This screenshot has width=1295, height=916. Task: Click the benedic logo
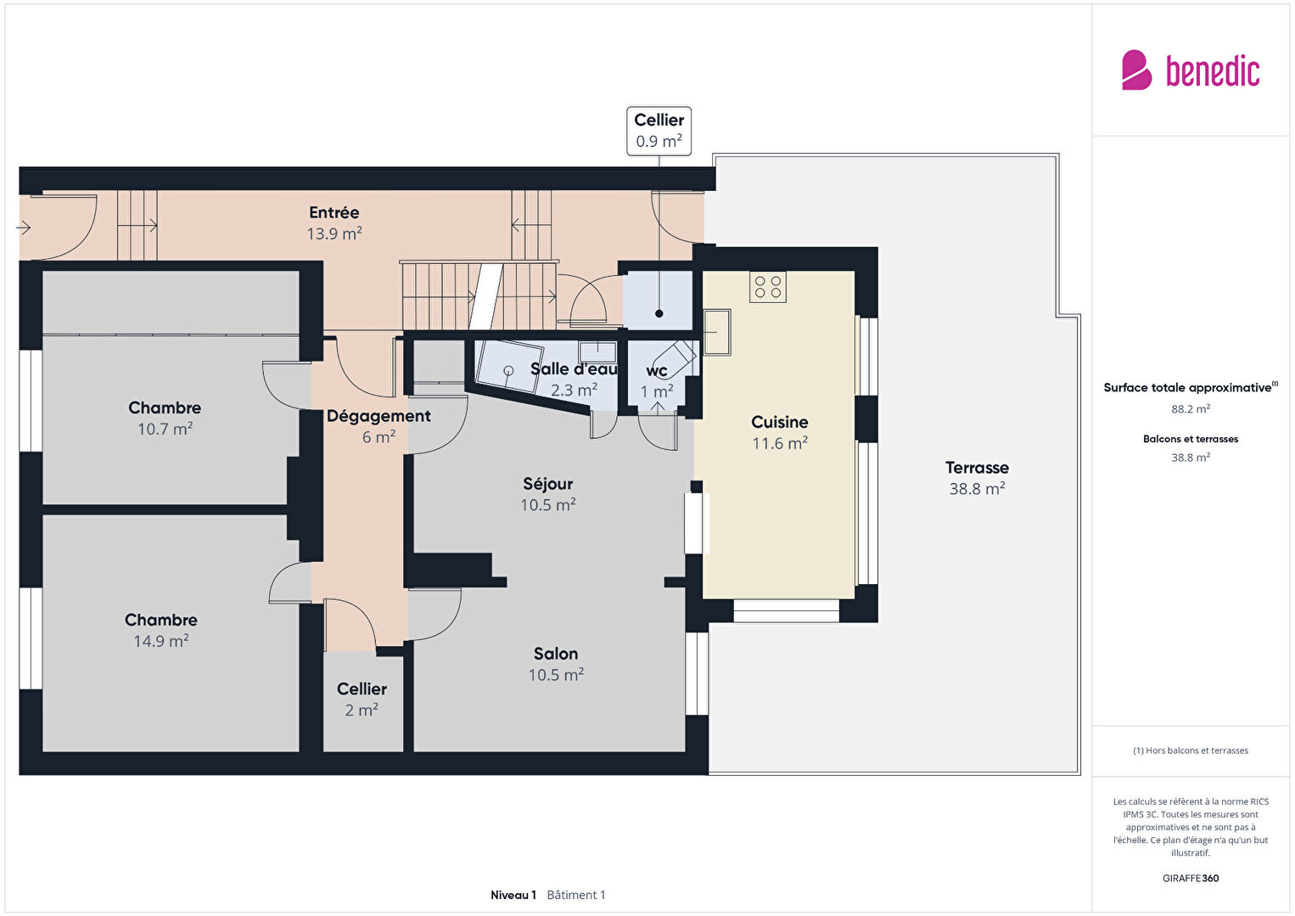(1191, 70)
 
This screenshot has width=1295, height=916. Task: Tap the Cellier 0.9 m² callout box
(659, 131)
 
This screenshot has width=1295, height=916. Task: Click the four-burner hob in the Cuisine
(768, 287)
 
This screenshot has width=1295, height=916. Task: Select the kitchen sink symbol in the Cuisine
(717, 332)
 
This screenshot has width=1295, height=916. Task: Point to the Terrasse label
(977, 467)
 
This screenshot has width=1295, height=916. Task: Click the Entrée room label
(334, 212)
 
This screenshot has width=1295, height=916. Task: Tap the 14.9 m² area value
(161, 641)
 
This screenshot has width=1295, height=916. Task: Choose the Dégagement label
(378, 416)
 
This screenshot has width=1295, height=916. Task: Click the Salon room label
(556, 654)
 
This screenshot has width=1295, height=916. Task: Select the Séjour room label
(547, 483)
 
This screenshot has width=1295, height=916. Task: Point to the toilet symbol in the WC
(676, 354)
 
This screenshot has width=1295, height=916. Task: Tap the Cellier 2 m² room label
(362, 688)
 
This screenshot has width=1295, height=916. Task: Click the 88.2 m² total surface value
(1191, 409)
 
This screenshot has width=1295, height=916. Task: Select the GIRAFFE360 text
(1191, 878)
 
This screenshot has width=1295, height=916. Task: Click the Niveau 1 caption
(513, 895)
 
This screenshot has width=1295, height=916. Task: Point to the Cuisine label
(779, 422)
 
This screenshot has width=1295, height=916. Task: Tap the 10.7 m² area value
(165, 429)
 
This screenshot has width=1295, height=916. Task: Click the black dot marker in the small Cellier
(659, 313)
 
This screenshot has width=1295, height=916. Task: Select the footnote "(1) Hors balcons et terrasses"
(1191, 750)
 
